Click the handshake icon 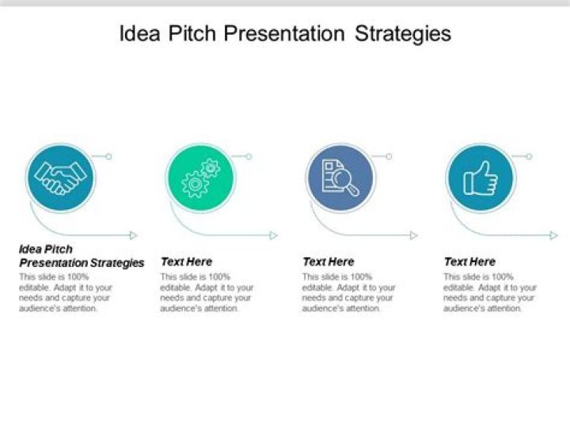point(60,177)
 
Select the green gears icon point(199,177)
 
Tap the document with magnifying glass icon point(340,177)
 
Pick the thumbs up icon point(480,177)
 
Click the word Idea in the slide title point(138,34)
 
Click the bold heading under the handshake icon point(81,256)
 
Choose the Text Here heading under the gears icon point(186,261)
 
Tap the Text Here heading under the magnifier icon point(328,261)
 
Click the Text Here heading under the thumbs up point(469,261)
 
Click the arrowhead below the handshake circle point(134,235)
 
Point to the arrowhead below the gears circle point(274,235)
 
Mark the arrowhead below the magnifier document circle point(413,235)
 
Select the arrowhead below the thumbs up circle point(553,235)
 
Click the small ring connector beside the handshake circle point(108,157)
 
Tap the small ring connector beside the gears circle point(249,157)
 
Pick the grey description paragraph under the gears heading point(206,292)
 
